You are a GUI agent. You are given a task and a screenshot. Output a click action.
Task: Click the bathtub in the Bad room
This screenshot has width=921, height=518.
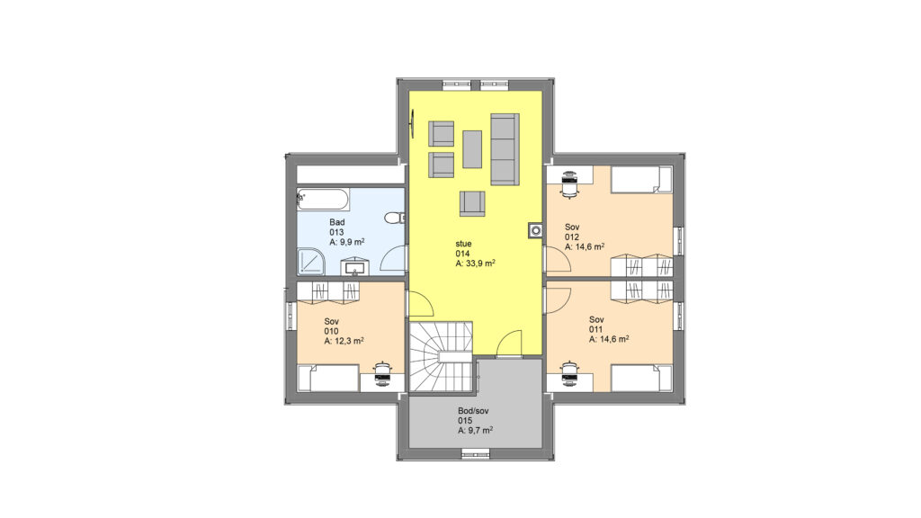tap(323, 200)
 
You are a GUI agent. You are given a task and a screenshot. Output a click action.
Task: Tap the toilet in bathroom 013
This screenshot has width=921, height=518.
tap(395, 219)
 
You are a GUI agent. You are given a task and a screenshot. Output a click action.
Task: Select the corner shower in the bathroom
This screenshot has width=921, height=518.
tap(311, 262)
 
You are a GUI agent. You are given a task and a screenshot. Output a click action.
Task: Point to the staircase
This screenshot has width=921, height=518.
tap(441, 356)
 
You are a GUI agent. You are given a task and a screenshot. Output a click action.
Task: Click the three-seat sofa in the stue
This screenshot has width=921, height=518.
tap(505, 149)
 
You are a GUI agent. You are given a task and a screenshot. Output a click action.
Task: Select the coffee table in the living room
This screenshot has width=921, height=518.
tap(471, 149)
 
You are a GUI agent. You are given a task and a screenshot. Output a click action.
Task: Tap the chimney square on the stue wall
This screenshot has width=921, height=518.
tap(536, 231)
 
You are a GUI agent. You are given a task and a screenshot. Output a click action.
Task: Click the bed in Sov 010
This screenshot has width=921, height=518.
tap(327, 379)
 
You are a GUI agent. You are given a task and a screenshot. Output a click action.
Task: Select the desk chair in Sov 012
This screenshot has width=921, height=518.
tap(569, 184)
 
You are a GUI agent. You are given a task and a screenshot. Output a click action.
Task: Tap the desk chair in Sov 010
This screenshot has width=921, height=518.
tap(382, 374)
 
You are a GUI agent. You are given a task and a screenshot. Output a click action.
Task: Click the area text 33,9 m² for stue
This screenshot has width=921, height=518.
tap(475, 264)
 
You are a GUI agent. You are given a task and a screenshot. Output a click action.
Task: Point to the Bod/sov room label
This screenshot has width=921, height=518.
tap(473, 411)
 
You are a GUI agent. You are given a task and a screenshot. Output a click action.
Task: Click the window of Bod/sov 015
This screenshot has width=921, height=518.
tap(475, 453)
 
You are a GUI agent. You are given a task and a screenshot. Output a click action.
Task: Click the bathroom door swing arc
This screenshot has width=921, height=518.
tap(393, 258)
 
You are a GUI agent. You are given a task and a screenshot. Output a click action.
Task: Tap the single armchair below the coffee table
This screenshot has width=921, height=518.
tap(473, 204)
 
